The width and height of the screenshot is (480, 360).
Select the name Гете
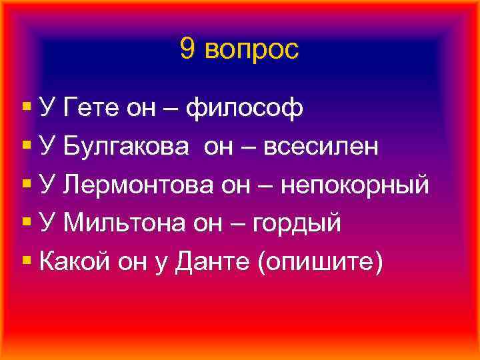click(x=88, y=107)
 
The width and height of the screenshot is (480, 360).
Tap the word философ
click(x=245, y=107)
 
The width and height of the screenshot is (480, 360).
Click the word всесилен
click(x=321, y=146)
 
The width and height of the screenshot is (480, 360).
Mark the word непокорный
click(x=353, y=185)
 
